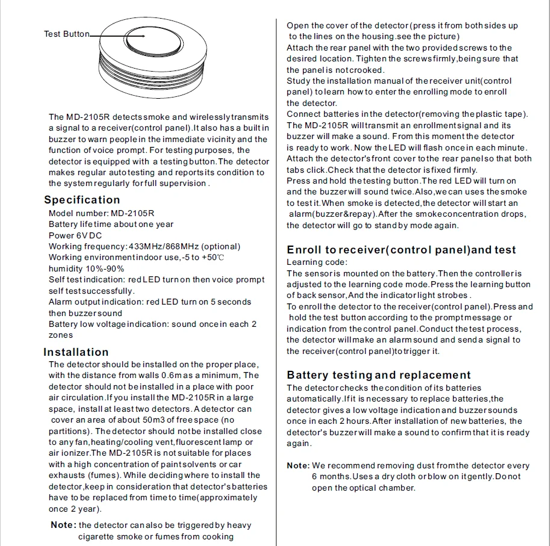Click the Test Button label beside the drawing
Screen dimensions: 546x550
[x=66, y=34]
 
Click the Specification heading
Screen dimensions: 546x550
[x=82, y=200]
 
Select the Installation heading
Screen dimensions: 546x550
[x=76, y=352]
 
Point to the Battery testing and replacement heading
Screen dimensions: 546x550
[x=379, y=375]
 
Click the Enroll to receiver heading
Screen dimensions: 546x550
[x=401, y=250]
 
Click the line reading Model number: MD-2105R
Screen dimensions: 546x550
[x=101, y=213]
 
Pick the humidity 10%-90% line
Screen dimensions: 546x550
[x=86, y=268]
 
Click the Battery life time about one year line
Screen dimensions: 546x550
[x=111, y=224]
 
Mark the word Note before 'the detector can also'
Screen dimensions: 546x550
[x=63, y=525]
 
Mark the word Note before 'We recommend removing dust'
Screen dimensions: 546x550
[x=298, y=465]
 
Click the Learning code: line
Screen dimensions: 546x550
[x=316, y=262]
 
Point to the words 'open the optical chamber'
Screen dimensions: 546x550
[x=363, y=488]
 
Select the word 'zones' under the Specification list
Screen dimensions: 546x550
[x=60, y=335]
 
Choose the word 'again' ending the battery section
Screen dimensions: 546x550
[x=298, y=444]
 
